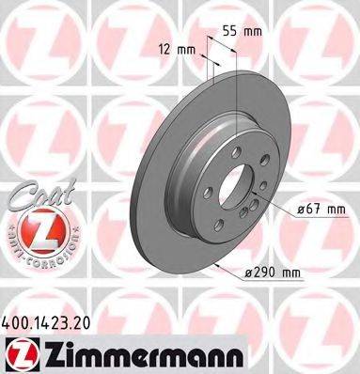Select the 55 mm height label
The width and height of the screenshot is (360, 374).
(239, 30)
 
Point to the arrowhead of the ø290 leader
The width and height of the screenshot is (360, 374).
(222, 265)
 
